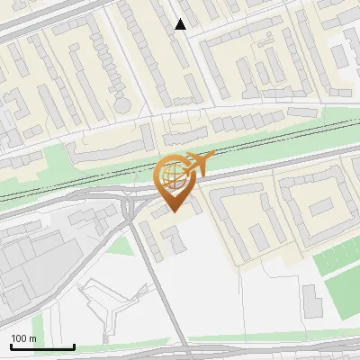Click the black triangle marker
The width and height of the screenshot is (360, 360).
click(x=181, y=24)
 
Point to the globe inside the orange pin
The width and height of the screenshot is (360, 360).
click(x=174, y=175)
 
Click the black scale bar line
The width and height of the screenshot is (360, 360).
click(x=42, y=347)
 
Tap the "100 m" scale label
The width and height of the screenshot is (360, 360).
click(x=24, y=338)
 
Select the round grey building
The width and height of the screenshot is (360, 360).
click(x=122, y=104)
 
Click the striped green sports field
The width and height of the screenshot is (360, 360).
click(x=338, y=256)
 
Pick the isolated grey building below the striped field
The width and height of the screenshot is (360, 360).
click(x=310, y=301)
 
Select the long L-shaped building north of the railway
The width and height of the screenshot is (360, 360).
click(x=108, y=148)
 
